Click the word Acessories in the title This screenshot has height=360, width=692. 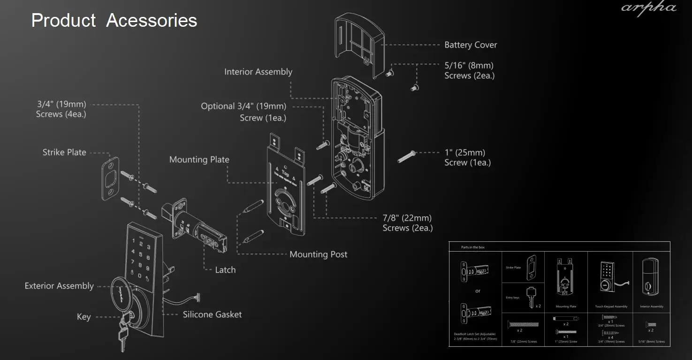[x=152, y=21]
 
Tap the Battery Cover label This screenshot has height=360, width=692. [x=471, y=45]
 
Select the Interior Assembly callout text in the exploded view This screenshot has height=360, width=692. [x=258, y=72]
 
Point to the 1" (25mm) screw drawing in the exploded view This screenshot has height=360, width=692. [x=407, y=156]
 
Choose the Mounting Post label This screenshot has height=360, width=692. [x=318, y=254]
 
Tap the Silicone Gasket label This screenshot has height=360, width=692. [x=212, y=314]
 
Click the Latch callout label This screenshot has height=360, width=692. [x=225, y=270]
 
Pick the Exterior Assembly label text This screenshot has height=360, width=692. [x=59, y=286]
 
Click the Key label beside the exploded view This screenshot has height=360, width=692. [x=84, y=317]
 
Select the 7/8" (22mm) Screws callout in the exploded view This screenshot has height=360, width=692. [x=407, y=223]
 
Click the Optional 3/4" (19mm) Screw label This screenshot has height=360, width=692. [x=243, y=112]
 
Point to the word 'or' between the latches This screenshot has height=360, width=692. [x=478, y=291]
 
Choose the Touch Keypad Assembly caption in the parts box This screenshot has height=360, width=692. [x=611, y=306]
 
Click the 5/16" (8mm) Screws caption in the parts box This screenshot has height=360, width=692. [x=652, y=342]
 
